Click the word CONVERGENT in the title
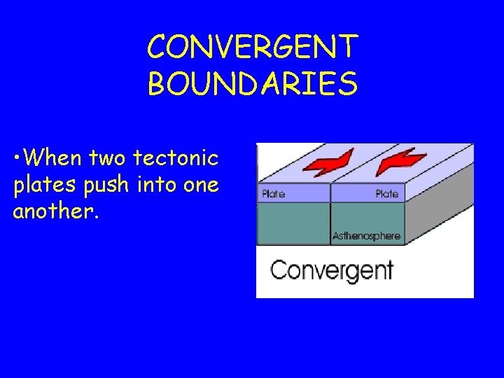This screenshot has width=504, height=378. tap(252, 48)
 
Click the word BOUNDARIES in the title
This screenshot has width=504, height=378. tap(252, 83)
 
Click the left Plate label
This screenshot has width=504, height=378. tap(273, 193)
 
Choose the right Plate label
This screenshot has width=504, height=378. tap(386, 193)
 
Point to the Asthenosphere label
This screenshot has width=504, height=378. tap(366, 236)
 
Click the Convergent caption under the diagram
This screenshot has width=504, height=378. tap(332, 270)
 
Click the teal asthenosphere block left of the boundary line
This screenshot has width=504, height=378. tap(294, 223)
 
